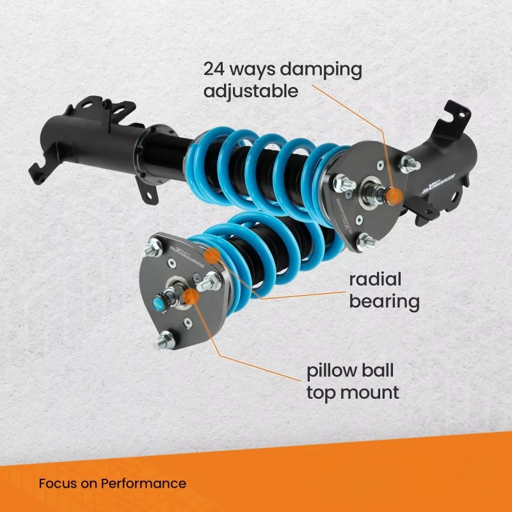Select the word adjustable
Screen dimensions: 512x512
point(251,91)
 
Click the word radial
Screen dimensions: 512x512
point(375,279)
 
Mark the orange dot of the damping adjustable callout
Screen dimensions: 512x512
point(395,195)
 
